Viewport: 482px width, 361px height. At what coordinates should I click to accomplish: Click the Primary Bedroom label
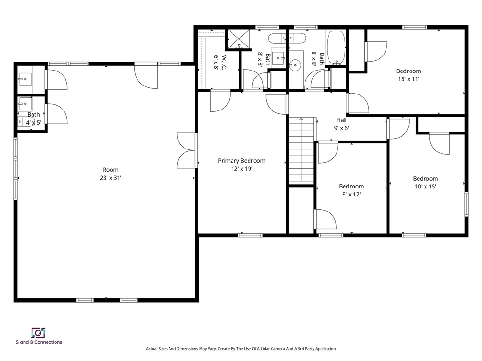point(241,161)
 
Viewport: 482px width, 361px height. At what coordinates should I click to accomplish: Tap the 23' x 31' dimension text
point(111,178)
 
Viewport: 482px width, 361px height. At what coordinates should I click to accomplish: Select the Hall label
point(342,120)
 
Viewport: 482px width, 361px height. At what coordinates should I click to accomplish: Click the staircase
point(301,150)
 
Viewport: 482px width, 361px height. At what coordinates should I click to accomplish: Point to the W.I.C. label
point(224,63)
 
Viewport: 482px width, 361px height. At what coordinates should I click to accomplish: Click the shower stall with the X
point(239,39)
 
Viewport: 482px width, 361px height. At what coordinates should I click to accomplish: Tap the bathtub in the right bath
point(336,47)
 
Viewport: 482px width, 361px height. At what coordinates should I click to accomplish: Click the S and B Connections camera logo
point(39,333)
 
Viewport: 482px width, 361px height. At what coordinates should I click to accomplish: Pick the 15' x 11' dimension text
point(409,79)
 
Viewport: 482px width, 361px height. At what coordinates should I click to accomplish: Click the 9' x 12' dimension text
point(351,194)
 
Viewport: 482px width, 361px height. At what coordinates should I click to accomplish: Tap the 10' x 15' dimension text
point(426,186)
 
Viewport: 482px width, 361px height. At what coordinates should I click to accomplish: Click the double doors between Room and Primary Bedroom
point(187,150)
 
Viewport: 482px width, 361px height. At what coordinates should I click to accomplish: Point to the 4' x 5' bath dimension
point(33,123)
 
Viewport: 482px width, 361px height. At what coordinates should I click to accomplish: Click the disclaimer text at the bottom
point(241,349)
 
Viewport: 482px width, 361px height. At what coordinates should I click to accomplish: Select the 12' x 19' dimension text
point(241,169)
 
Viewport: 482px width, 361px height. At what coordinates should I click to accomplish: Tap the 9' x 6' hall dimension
point(342,128)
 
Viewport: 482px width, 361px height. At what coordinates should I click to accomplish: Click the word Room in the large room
point(111,170)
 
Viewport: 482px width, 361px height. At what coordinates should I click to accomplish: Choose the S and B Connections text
point(39,342)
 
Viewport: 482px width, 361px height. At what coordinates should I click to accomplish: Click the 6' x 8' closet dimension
point(216,63)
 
